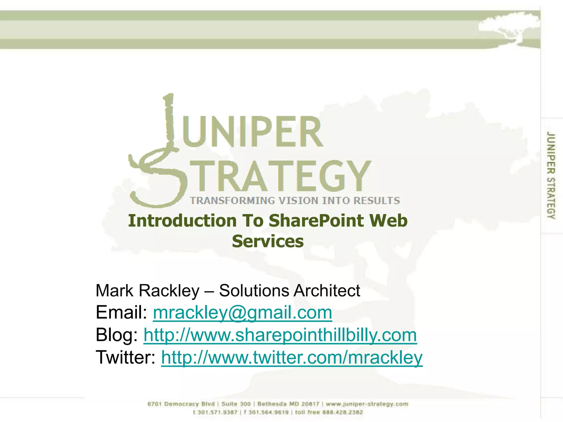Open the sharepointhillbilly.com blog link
point(280,335)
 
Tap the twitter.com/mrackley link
point(292,357)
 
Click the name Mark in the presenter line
point(114,291)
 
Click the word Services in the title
point(268,241)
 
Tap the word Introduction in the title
point(182,221)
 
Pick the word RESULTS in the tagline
point(376,201)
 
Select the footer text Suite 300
point(236,404)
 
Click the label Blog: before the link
point(117,335)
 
